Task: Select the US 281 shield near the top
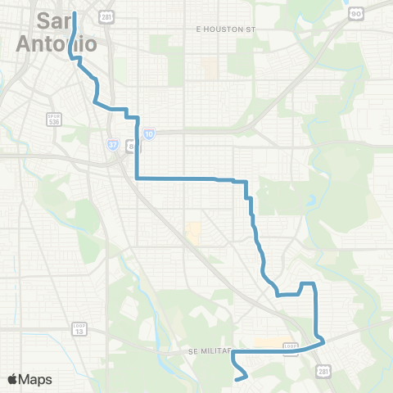pos(106,16)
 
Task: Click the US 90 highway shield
pos(357,13)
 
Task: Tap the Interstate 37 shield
pos(112,144)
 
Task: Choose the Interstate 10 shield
pos(148,133)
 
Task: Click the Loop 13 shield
pos(79,329)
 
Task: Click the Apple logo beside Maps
pos(13,379)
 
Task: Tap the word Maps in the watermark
pos(36,379)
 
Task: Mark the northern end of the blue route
pos(75,13)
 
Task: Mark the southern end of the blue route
pos(237,379)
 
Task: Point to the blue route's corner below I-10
pos(136,178)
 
